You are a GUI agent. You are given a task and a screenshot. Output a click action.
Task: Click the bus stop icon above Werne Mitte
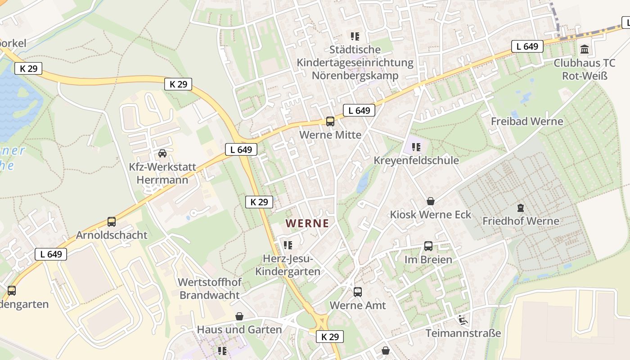click(x=330, y=121)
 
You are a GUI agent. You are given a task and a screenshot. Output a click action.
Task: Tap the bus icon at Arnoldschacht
click(x=112, y=222)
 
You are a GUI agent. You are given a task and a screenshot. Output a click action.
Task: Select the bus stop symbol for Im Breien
click(x=428, y=246)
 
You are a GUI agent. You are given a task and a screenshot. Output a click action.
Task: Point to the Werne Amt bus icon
click(x=358, y=292)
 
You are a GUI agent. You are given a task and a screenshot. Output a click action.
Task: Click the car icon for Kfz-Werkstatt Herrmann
click(x=162, y=153)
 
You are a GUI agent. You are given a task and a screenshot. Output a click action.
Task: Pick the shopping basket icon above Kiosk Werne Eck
click(x=431, y=201)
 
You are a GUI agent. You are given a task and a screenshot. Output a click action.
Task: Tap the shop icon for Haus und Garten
click(x=239, y=316)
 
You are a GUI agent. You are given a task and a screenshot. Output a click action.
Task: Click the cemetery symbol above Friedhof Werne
click(x=521, y=208)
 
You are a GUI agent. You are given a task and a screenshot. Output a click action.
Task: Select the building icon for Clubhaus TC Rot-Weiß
click(x=585, y=49)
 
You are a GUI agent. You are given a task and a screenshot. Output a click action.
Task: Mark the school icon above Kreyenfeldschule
click(x=416, y=147)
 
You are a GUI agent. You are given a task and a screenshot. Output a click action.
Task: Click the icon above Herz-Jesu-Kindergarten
click(x=288, y=245)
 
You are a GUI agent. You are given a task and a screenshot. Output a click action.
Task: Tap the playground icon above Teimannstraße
click(x=463, y=320)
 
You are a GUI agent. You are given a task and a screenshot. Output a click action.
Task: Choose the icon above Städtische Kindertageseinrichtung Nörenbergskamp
click(x=355, y=36)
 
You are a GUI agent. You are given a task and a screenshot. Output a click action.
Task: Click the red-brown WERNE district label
click(x=307, y=223)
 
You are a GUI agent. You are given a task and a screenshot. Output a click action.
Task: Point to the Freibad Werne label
click(x=527, y=121)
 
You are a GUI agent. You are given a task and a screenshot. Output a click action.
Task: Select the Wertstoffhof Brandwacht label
click(x=210, y=289)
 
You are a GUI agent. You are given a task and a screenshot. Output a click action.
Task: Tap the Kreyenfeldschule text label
click(x=416, y=161)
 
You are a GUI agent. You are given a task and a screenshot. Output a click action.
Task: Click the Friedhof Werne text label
click(x=521, y=221)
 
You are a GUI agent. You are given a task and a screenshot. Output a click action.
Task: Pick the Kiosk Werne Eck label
click(x=431, y=215)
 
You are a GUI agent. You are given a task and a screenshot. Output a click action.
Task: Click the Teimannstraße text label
click(x=463, y=333)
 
